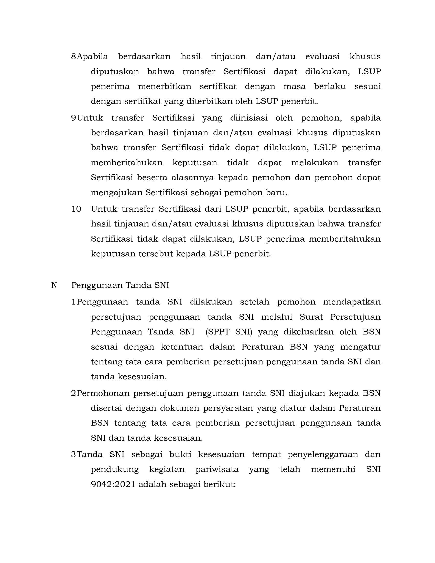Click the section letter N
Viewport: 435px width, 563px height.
54,285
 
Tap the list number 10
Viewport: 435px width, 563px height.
76,209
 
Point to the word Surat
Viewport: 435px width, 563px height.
311,317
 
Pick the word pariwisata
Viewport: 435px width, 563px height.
217,469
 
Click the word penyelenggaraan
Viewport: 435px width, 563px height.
323,454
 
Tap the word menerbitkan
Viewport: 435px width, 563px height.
165,86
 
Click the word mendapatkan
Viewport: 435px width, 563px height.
352,302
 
